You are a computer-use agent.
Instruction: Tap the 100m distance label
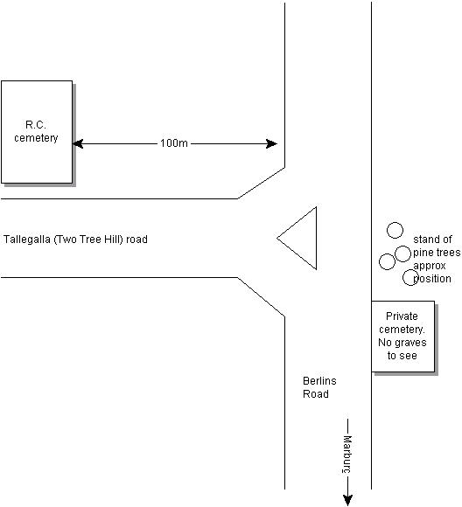tap(174, 143)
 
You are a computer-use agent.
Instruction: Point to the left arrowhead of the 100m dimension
tap(78, 143)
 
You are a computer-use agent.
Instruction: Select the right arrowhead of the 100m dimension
tap(271, 143)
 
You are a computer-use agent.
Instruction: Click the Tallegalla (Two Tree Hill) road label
tap(75, 240)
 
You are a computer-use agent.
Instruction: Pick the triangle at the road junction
tap(297, 238)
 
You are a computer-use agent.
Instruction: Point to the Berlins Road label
tap(319, 387)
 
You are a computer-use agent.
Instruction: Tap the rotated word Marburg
tap(347, 455)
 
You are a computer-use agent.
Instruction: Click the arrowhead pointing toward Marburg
tap(347, 500)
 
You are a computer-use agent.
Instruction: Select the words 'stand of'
tap(432, 240)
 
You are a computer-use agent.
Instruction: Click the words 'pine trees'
tap(437, 253)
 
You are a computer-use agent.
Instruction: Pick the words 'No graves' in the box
tap(402, 343)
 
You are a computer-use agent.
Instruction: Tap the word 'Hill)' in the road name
tap(115, 240)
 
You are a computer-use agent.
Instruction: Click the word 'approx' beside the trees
tap(430, 266)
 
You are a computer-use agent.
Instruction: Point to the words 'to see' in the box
tap(402, 356)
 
